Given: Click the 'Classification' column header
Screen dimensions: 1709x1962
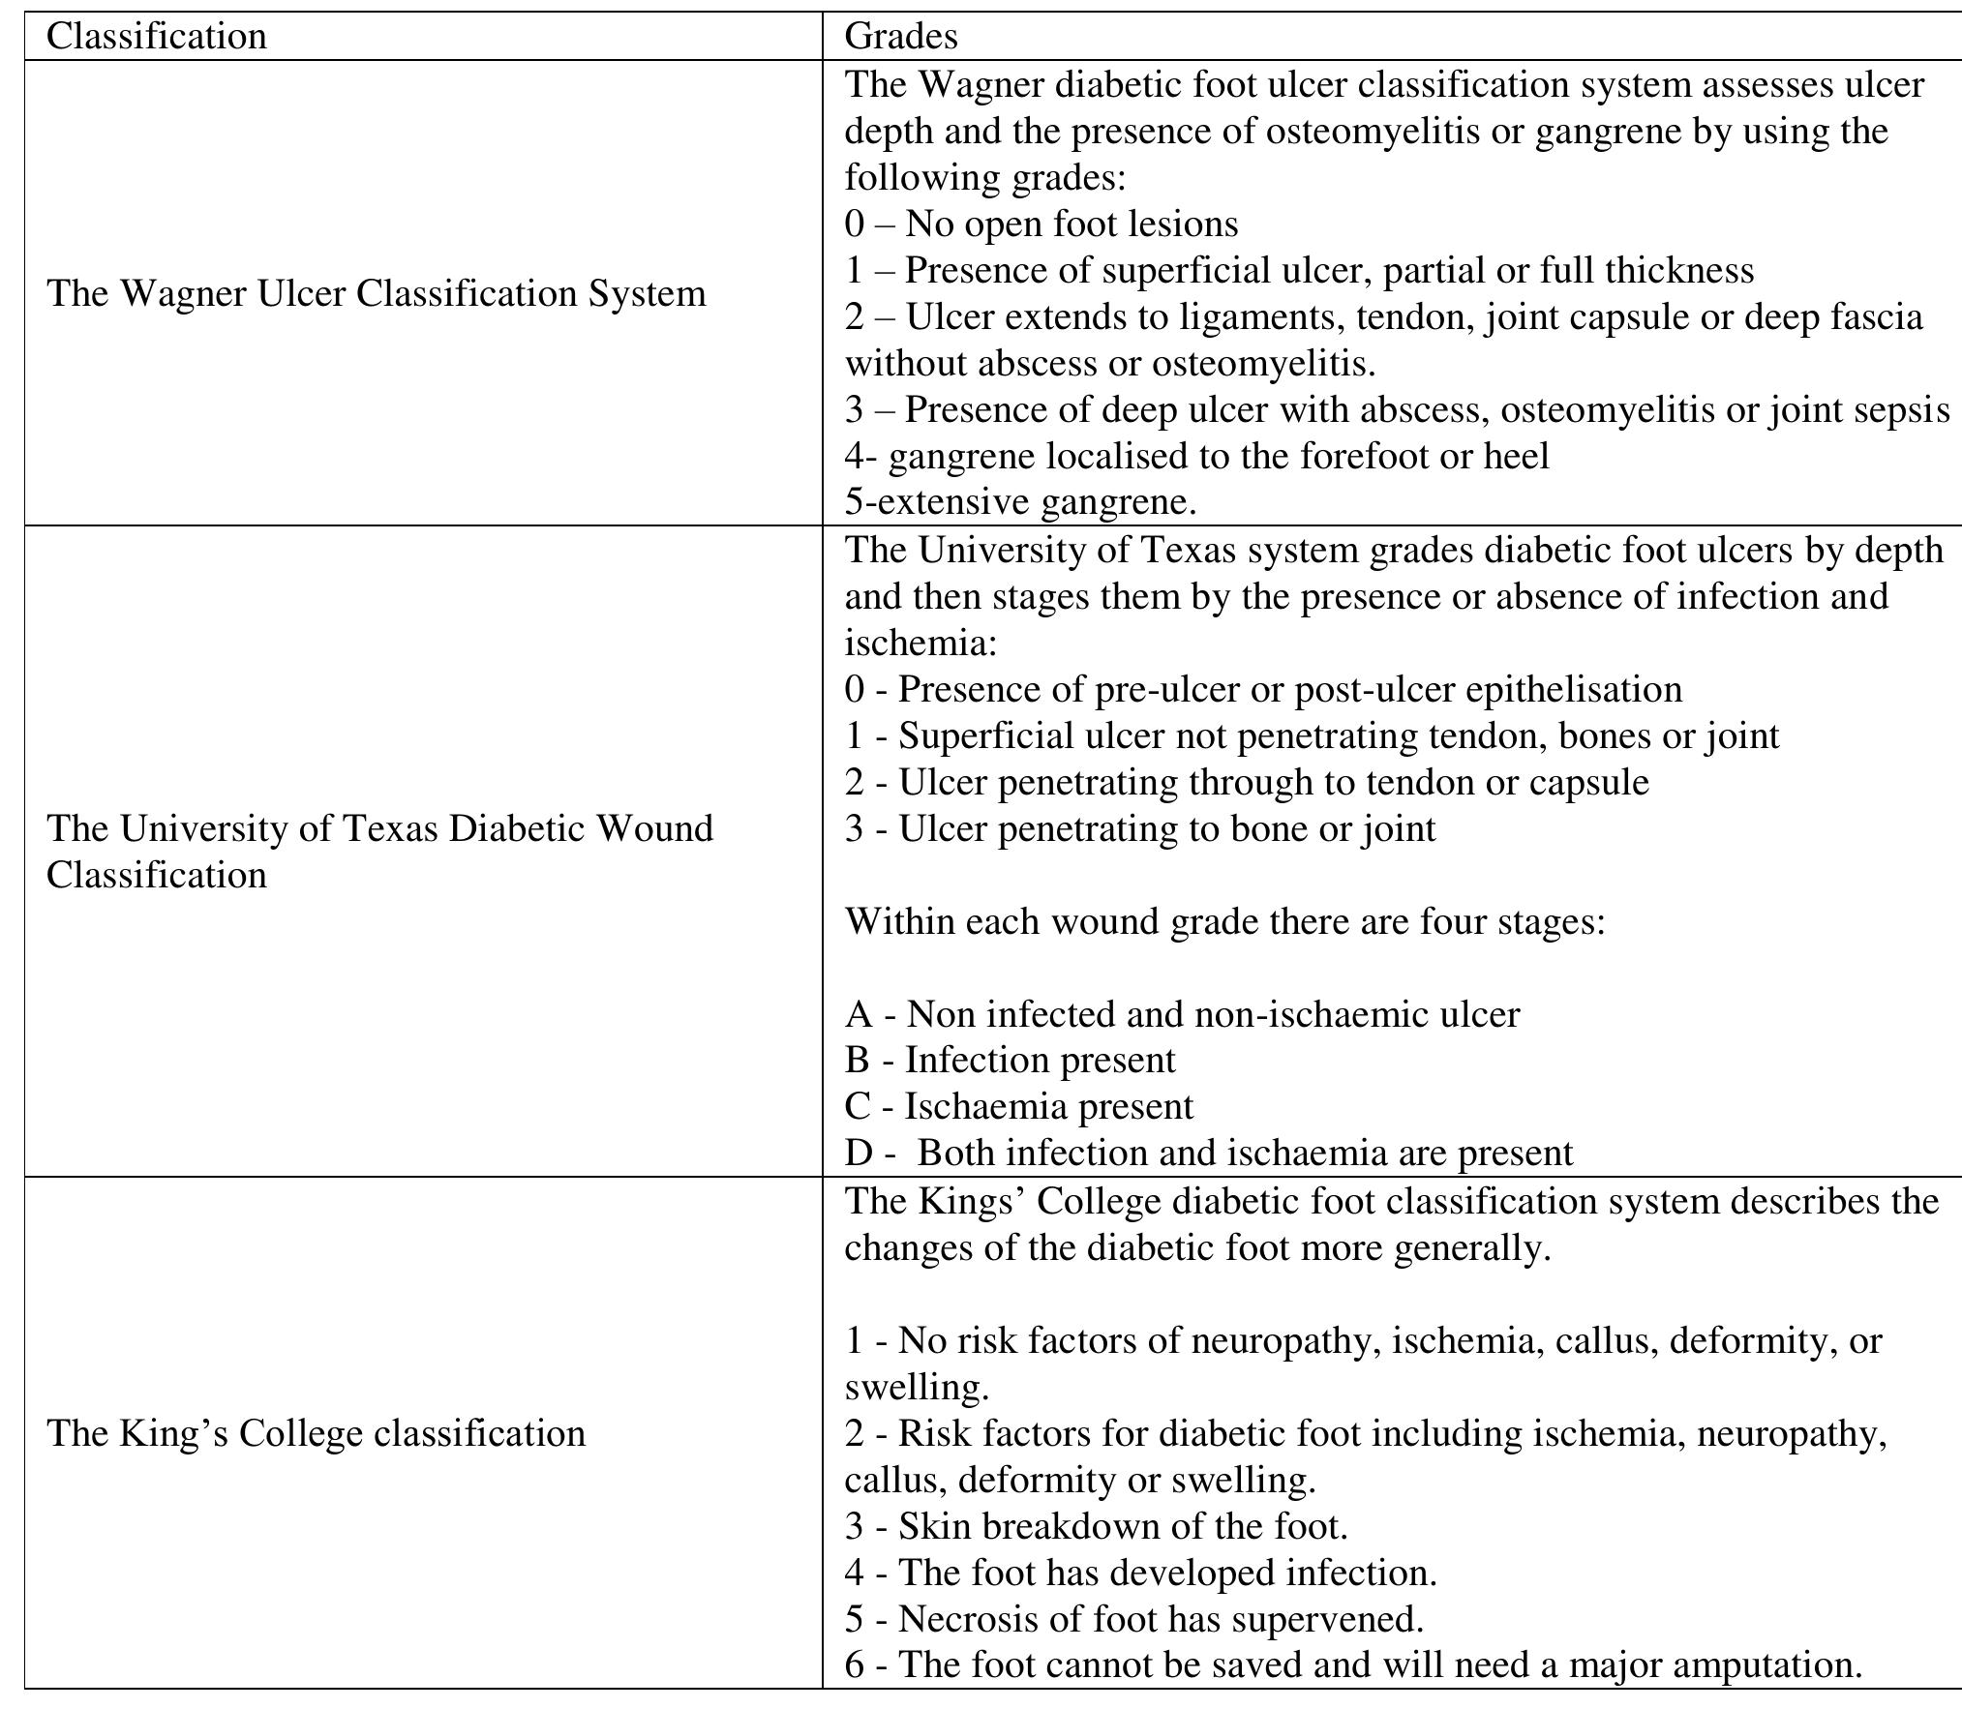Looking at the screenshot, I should click(156, 37).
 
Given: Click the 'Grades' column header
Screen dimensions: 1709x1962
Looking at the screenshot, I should click(900, 37).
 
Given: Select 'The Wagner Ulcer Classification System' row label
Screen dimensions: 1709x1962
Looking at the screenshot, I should click(377, 293).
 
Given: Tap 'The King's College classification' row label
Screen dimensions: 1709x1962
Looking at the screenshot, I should click(316, 1432).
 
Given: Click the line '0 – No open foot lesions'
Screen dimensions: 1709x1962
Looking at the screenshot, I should click(1041, 224).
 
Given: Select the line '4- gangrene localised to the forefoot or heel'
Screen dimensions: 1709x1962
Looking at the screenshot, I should click(1196, 456).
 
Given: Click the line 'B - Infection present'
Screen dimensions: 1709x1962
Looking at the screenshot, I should click(1010, 1060).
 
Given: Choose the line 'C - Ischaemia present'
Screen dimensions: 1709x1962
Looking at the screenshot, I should click(1019, 1106).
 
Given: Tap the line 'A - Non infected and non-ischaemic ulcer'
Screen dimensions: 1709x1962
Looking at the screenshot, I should click(1182, 1013).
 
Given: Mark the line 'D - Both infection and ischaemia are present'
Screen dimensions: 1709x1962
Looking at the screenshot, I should click(1209, 1153).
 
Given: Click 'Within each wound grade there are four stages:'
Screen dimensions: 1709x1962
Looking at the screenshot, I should click(1224, 920).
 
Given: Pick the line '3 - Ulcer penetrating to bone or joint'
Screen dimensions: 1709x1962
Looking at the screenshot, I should click(1140, 828).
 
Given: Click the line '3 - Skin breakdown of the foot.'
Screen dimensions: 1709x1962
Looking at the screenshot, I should click(1096, 1526).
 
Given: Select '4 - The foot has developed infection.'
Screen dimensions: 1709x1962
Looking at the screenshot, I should click(1140, 1573).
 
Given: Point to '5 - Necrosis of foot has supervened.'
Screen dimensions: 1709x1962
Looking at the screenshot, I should click(1133, 1619).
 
